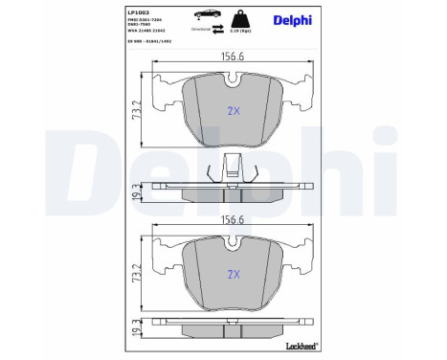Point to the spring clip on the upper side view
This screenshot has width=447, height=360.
click(x=229, y=171)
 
